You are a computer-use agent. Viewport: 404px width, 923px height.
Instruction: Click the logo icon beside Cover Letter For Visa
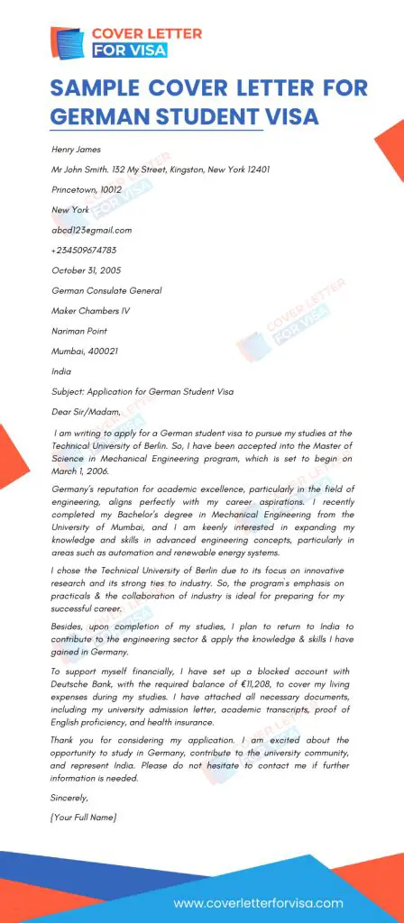coord(68,42)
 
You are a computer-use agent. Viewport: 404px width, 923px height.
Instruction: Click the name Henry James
coord(77,150)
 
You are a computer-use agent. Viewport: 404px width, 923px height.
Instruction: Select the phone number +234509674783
coord(84,250)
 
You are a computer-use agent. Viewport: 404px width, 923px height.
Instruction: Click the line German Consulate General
coord(107,290)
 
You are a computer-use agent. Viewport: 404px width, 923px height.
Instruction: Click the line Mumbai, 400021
coord(85,351)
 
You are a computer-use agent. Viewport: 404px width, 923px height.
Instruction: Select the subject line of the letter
coord(142,391)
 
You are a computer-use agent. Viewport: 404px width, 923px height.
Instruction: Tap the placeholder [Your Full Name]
coord(84,817)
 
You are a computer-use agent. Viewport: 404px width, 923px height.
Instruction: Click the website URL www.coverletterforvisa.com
coord(258,902)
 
